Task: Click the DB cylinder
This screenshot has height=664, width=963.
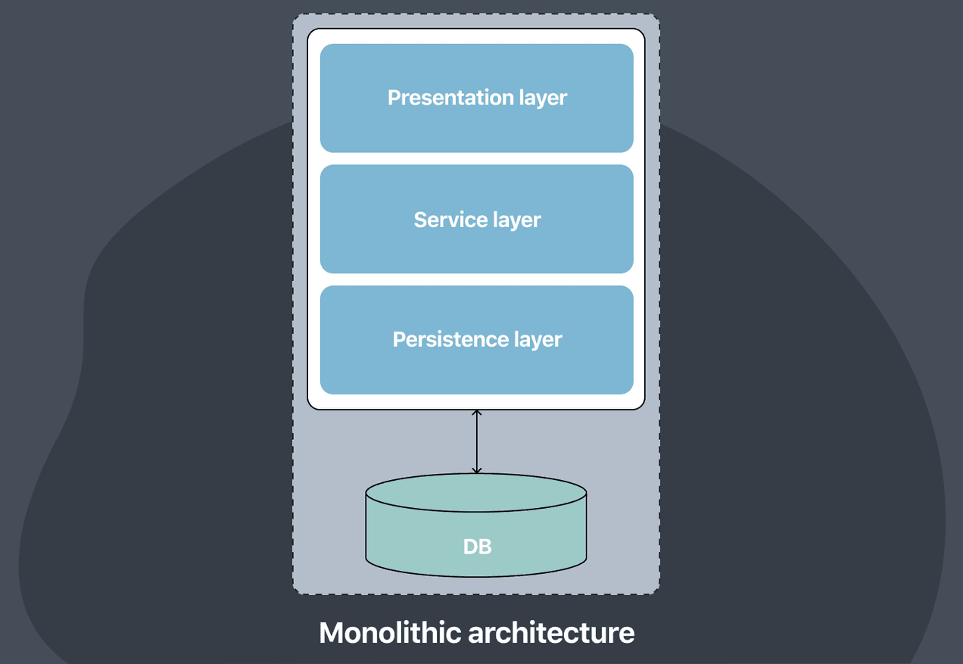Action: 476,530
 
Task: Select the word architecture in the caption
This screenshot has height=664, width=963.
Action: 559,632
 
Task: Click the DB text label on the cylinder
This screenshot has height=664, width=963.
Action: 477,546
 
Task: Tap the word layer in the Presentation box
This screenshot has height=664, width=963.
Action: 543,98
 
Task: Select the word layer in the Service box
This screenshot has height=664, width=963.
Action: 516,220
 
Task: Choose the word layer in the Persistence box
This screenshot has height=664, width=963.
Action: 538,340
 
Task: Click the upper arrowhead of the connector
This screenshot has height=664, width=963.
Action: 476,413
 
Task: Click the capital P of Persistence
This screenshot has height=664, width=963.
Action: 399,339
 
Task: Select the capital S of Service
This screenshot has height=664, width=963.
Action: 420,220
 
